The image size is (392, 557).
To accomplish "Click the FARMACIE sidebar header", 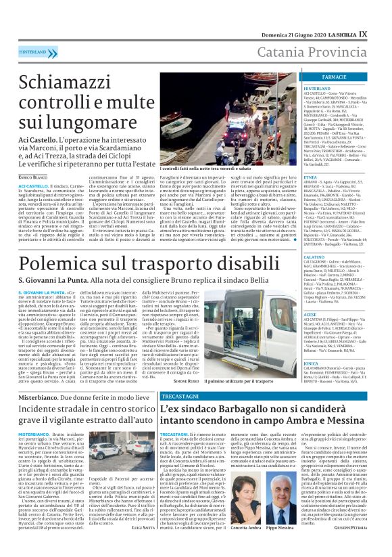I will pyautogui.click(x=333, y=79).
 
